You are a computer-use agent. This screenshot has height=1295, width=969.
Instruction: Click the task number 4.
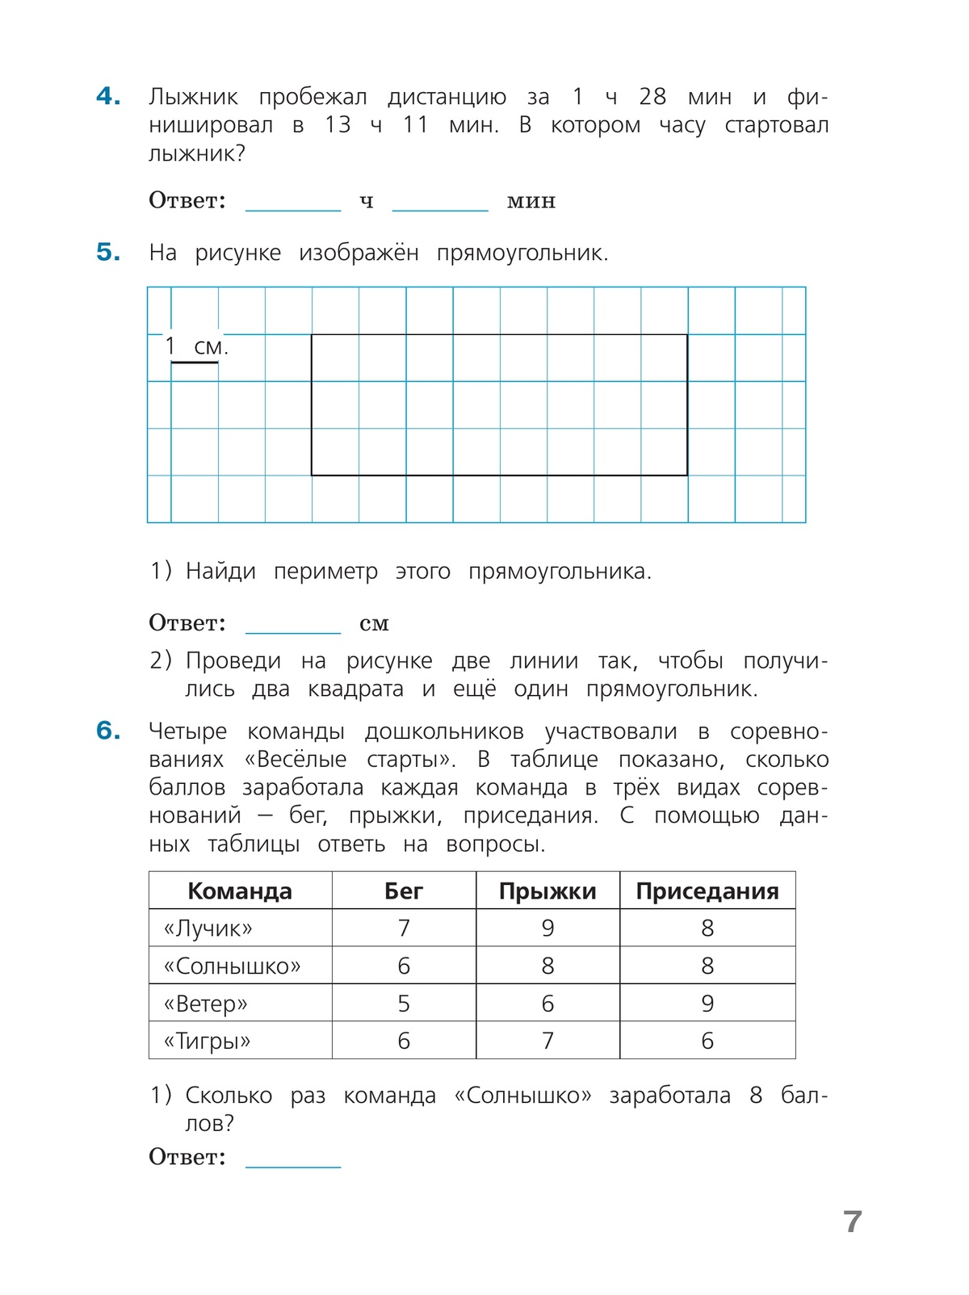(108, 97)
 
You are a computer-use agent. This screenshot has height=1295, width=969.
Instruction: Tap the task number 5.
(108, 253)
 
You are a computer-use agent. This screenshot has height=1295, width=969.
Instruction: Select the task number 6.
(108, 731)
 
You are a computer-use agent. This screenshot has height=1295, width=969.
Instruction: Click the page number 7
(853, 1222)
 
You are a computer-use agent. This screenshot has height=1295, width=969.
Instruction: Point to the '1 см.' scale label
(196, 347)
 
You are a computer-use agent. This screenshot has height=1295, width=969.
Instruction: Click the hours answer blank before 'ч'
(293, 202)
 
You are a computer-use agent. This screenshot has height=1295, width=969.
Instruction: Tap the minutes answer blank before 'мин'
(440, 202)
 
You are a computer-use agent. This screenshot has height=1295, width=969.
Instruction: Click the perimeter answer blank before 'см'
(293, 624)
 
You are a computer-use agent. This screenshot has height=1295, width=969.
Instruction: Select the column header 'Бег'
(404, 891)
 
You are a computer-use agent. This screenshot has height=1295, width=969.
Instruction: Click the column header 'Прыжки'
(547, 891)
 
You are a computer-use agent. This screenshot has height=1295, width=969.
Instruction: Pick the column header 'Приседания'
(707, 891)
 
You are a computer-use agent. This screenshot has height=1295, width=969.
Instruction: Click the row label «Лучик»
(208, 928)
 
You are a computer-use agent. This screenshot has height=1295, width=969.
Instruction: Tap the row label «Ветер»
(206, 1004)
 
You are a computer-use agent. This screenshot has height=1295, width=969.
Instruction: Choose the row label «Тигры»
(208, 1041)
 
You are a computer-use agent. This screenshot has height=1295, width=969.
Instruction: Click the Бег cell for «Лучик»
(404, 928)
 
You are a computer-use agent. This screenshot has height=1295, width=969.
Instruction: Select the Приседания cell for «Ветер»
(707, 1004)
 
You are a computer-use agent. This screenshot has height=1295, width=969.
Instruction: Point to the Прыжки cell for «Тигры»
(547, 1041)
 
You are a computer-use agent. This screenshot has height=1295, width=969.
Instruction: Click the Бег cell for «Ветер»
(404, 1004)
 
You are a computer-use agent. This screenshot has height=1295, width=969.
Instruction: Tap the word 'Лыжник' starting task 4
(193, 98)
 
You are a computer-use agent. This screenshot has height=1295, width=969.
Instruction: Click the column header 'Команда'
(240, 891)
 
